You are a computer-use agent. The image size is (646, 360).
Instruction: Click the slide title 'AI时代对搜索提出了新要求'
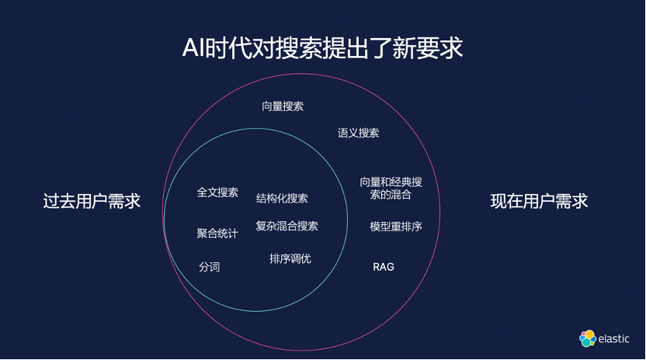click(x=322, y=48)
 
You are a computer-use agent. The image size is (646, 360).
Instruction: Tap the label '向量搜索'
click(x=283, y=106)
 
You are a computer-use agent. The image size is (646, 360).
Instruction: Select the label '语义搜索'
click(x=358, y=133)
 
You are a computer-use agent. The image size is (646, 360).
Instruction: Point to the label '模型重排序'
click(x=395, y=227)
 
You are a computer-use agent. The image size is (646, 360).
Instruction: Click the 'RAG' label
click(x=384, y=267)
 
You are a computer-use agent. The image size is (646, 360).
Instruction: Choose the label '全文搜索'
click(x=217, y=192)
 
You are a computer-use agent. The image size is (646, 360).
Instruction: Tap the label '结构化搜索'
click(x=282, y=198)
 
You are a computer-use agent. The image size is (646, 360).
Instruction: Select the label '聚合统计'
click(x=217, y=233)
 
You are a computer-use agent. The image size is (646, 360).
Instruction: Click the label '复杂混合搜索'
click(x=287, y=226)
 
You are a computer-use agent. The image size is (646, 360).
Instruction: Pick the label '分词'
click(x=210, y=267)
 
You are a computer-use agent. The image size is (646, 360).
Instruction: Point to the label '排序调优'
click(x=290, y=258)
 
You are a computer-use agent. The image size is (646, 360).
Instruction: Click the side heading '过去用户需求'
click(x=92, y=201)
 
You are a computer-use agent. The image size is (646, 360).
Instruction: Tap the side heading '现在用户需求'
click(x=539, y=201)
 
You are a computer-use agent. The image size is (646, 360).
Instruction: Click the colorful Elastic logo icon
click(x=588, y=338)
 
